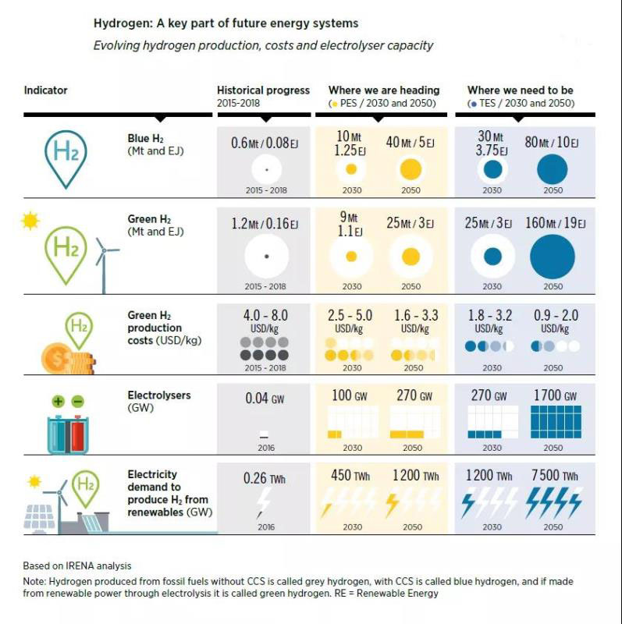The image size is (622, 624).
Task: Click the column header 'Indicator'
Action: pos(45,90)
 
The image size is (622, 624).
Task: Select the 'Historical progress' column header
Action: pos(263,90)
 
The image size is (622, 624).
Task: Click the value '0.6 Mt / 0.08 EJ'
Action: pos(265,144)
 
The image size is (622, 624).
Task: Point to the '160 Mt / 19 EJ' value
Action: pos(555,223)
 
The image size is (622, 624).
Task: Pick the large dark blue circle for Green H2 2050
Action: pos(553,257)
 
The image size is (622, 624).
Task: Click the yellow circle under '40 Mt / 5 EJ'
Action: pos(410,168)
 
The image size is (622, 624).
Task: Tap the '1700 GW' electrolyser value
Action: pos(554,396)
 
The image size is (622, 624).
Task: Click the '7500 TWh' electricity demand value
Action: pos(554,476)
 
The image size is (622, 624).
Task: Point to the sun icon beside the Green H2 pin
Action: pos(30,222)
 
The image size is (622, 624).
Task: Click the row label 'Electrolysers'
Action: pos(159,395)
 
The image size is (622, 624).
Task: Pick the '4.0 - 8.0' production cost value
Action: pos(265,316)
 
